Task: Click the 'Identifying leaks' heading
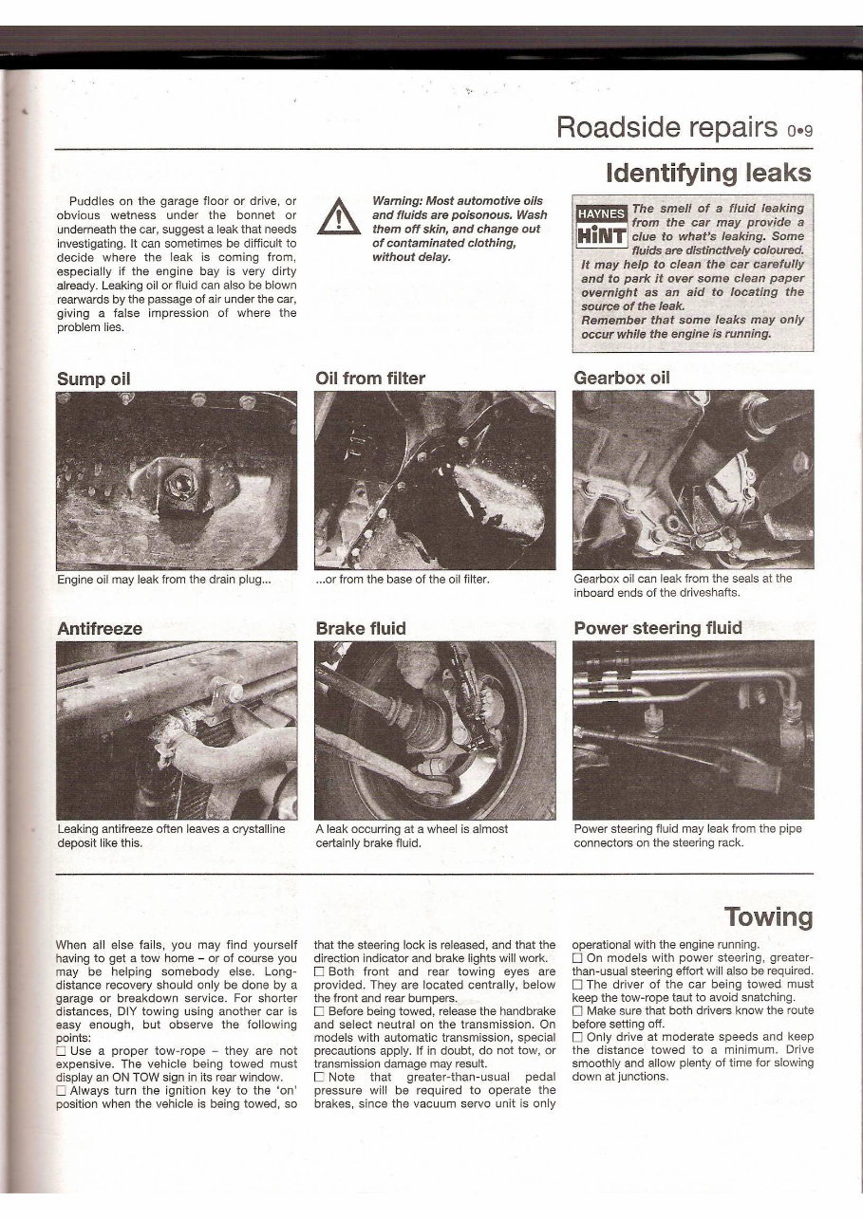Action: (x=708, y=173)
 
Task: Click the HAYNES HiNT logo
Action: (x=601, y=225)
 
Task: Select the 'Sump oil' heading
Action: (x=93, y=379)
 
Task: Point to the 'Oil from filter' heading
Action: (x=369, y=379)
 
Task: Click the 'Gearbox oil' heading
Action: (x=622, y=377)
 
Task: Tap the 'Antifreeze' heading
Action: (x=99, y=628)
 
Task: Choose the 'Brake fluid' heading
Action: (x=360, y=628)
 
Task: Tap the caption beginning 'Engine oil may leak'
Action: (x=164, y=578)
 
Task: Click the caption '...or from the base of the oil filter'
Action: (x=402, y=578)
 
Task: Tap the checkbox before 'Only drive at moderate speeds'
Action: (x=578, y=1037)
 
